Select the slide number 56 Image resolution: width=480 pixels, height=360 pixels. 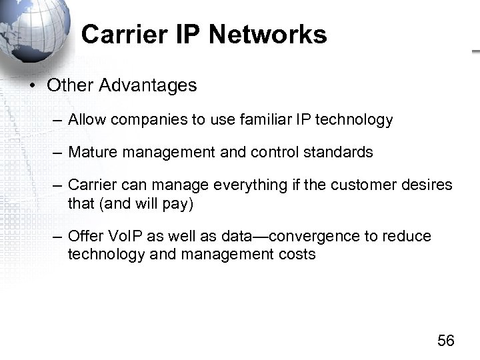(446, 341)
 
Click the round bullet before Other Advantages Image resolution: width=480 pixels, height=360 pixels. (31, 86)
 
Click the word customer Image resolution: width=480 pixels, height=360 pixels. (371, 185)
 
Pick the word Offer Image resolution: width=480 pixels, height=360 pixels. (83, 237)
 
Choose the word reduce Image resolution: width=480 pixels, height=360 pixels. (409, 237)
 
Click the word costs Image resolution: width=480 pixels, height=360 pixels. (297, 255)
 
